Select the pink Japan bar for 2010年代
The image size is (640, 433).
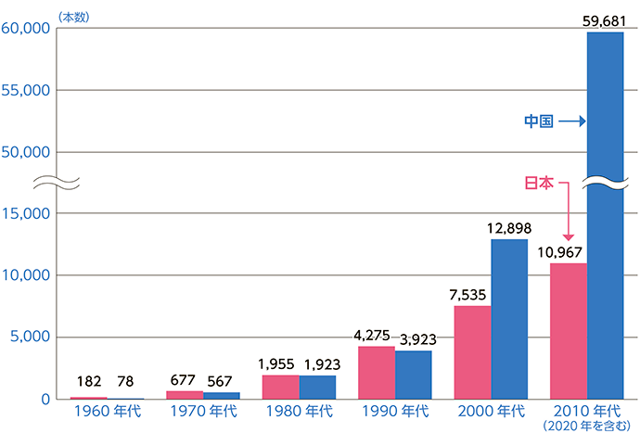pyautogui.click(x=568, y=331)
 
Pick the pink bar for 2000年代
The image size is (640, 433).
pyautogui.click(x=472, y=352)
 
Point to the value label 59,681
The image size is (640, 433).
pyautogui.click(x=604, y=20)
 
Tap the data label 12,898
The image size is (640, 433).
pyautogui.click(x=509, y=227)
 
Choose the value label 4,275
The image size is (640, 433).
pyautogui.click(x=375, y=335)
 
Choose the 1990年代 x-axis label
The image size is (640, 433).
pyautogui.click(x=394, y=411)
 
